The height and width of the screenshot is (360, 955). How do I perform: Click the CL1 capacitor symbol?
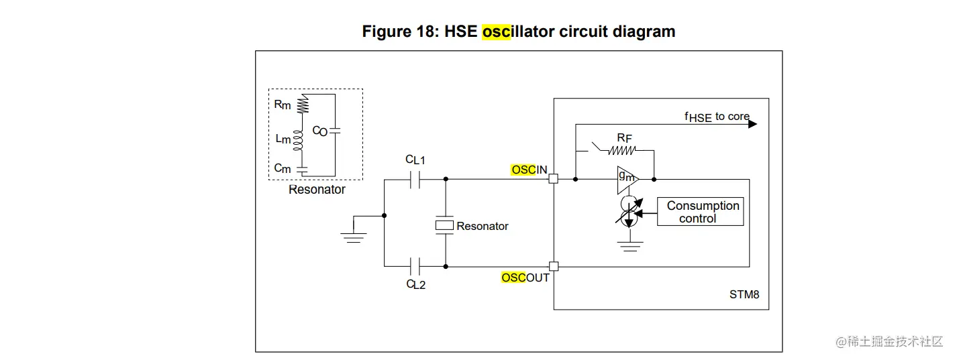(x=415, y=180)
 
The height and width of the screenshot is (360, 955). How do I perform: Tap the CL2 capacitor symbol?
(x=415, y=266)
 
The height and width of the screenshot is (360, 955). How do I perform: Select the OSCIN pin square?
(x=554, y=179)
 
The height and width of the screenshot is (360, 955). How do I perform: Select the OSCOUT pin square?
(x=554, y=266)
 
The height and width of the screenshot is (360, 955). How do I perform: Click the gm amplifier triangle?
(x=627, y=180)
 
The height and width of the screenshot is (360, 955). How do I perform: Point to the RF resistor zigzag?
(x=621, y=150)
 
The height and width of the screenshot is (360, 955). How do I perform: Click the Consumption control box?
(x=700, y=211)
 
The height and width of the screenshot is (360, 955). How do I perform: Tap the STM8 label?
(x=744, y=294)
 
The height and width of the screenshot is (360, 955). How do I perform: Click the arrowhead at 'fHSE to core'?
(x=752, y=124)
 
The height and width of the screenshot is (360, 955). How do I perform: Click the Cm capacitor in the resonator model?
(x=302, y=170)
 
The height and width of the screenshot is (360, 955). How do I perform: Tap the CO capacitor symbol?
(x=335, y=131)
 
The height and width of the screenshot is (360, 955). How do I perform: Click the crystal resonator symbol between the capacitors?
(x=444, y=225)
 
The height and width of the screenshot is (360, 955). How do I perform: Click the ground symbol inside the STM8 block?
(x=630, y=246)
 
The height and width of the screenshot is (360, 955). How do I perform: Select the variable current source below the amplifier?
(x=629, y=211)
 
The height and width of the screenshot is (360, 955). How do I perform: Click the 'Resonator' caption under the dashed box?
(x=317, y=190)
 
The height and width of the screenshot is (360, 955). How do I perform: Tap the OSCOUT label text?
(x=525, y=278)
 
